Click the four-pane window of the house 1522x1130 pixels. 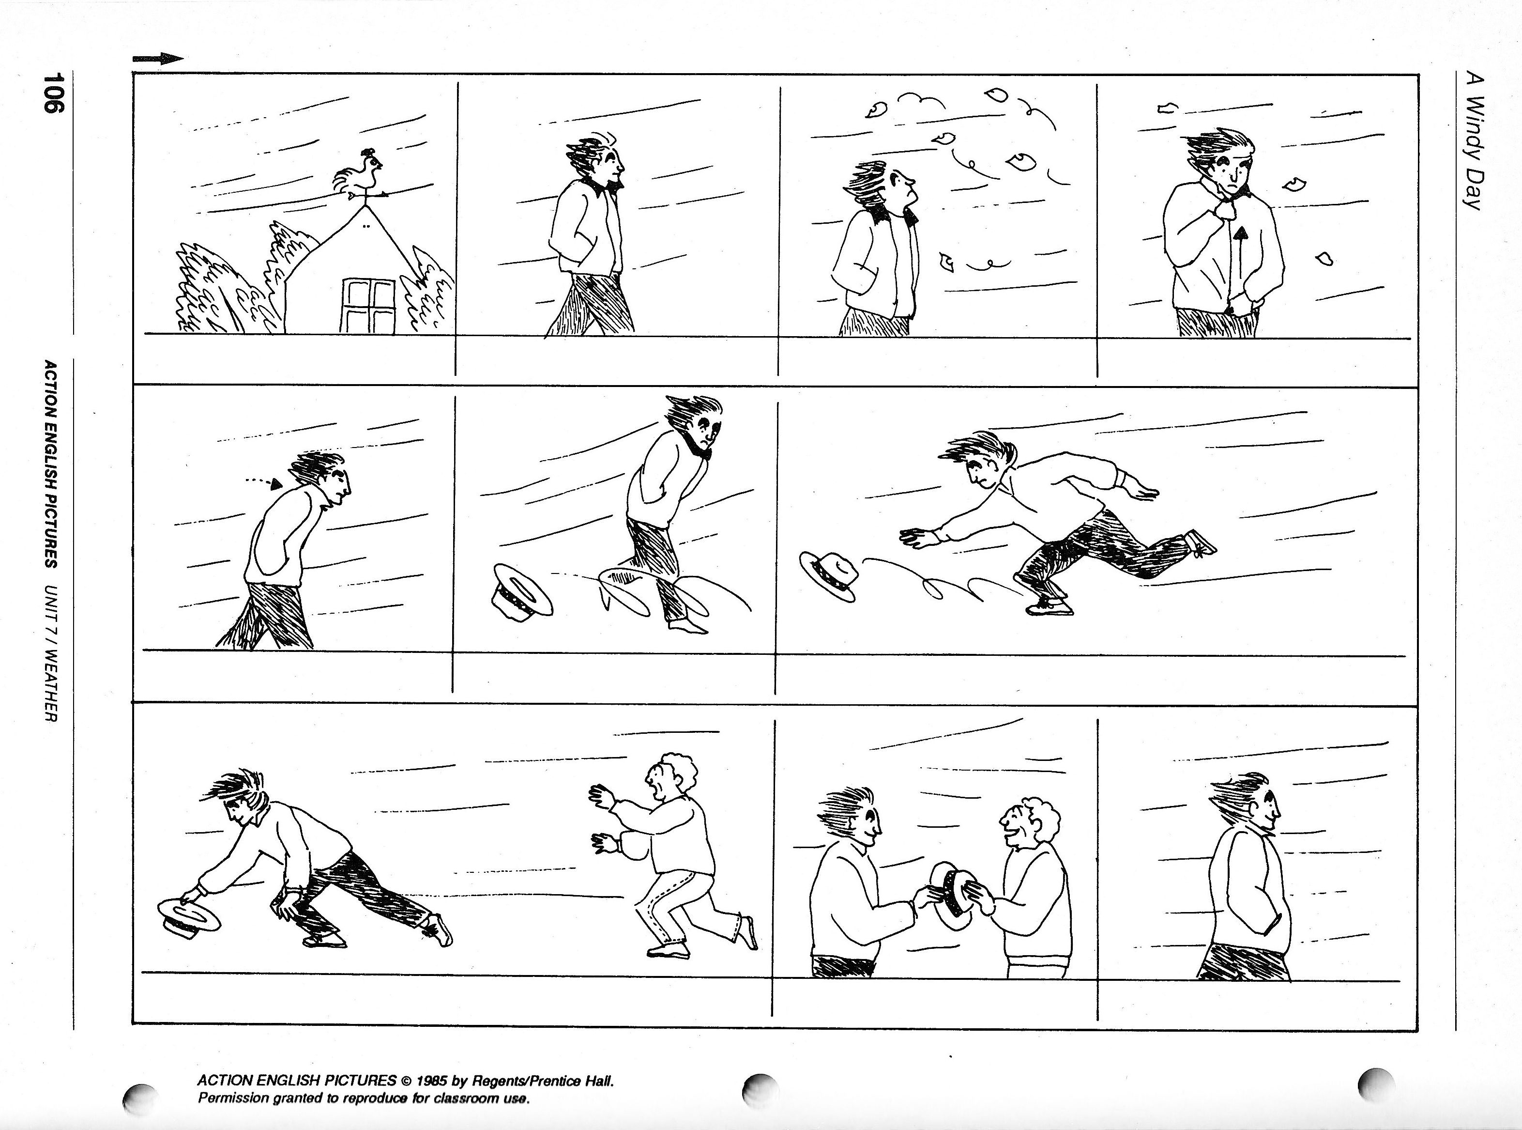(368, 305)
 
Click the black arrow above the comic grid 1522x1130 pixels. (158, 59)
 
